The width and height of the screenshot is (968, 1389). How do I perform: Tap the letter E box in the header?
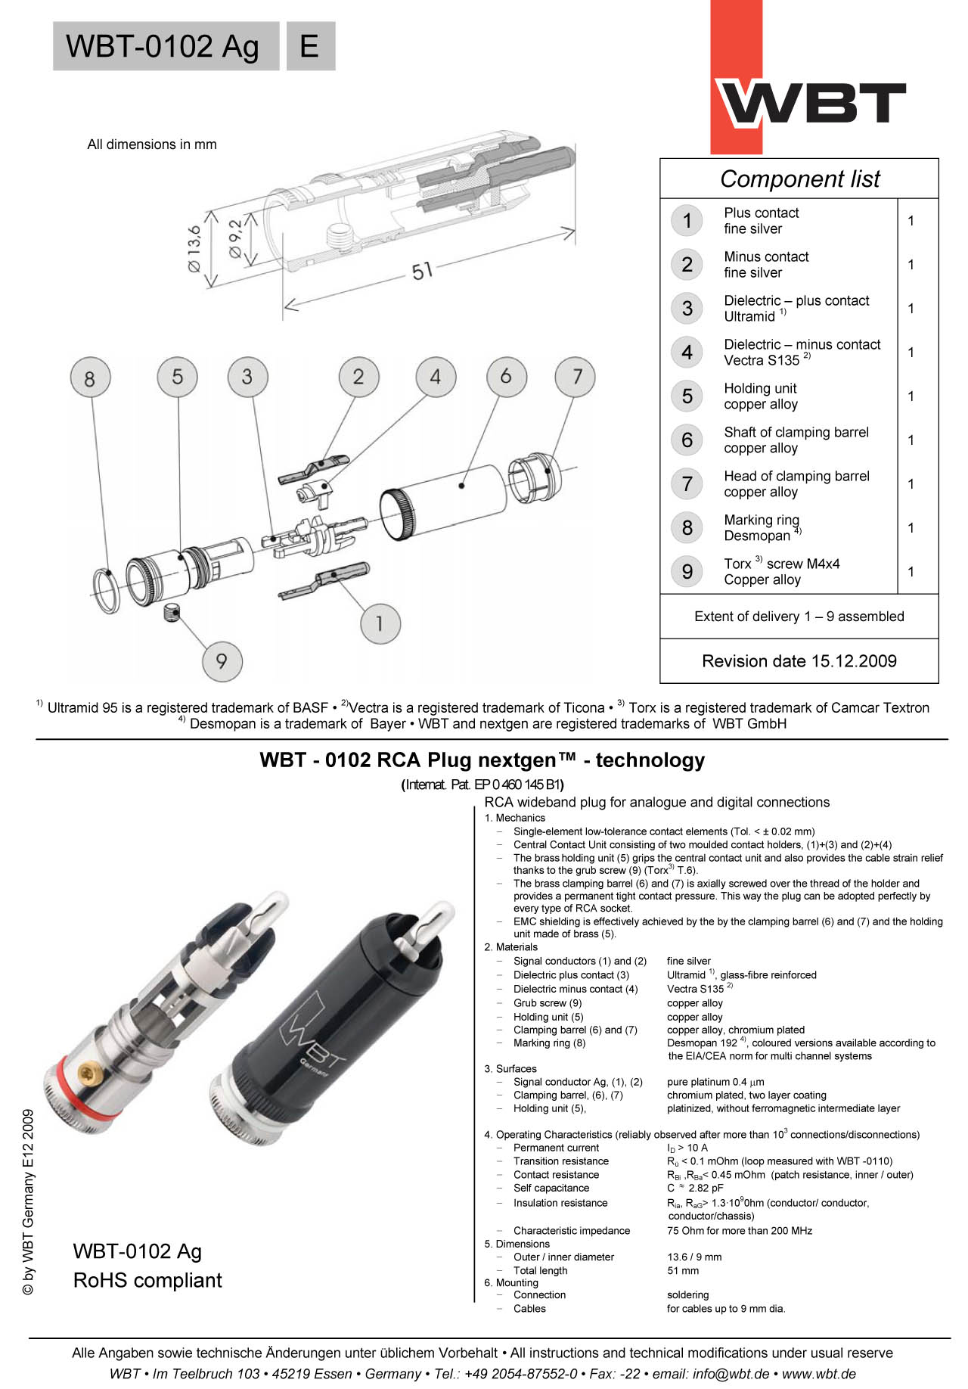click(309, 46)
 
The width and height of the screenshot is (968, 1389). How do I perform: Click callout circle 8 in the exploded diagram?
click(90, 377)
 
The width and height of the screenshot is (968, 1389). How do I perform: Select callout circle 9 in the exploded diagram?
click(222, 660)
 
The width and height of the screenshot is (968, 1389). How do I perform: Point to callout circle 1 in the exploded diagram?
click(379, 623)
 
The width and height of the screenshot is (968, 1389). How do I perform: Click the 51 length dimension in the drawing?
click(422, 270)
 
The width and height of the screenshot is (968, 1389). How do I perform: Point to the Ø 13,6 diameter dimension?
click(194, 248)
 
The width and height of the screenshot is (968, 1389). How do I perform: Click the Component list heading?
click(799, 179)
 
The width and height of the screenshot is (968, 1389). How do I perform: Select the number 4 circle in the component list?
click(687, 352)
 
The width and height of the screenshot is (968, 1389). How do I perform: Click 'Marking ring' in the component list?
click(761, 520)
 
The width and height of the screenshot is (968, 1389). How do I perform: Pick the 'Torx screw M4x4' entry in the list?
click(781, 564)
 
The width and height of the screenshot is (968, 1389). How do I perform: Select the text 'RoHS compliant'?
click(147, 1280)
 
